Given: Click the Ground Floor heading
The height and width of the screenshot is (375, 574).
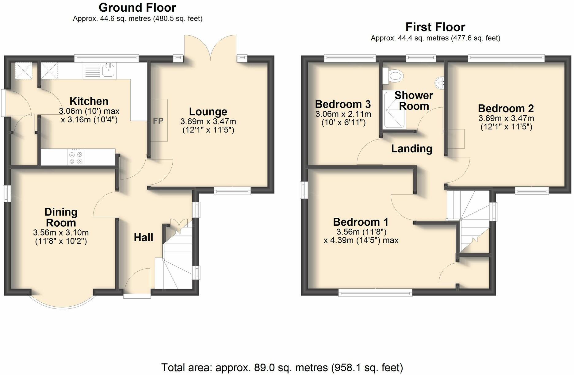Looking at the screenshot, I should [x=137, y=7].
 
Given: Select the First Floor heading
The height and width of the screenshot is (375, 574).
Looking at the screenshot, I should [x=435, y=27].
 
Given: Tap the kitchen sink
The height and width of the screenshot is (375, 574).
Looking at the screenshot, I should [x=108, y=71].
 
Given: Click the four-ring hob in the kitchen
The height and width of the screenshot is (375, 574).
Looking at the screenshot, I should [x=76, y=158].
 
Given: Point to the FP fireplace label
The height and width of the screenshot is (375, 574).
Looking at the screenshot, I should [x=158, y=121].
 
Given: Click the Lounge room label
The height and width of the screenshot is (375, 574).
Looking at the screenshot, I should [x=208, y=112].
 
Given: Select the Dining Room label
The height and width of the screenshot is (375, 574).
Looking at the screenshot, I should [x=61, y=217].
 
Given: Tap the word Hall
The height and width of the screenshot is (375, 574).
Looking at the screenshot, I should [x=143, y=237].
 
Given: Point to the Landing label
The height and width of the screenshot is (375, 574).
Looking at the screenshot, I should [x=411, y=149].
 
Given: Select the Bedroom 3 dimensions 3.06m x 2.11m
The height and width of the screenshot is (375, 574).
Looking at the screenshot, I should [x=343, y=114].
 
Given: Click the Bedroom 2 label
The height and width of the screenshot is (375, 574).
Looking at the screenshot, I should [x=506, y=108].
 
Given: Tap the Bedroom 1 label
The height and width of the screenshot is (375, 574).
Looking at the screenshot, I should [x=361, y=222].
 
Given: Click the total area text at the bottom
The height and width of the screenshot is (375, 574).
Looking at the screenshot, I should [x=282, y=367].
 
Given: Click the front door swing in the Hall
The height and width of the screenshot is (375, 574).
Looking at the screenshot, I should [x=137, y=281].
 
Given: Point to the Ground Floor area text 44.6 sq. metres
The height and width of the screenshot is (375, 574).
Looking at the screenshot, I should [x=137, y=19].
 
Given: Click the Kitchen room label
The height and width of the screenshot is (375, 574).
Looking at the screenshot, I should [x=89, y=101].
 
